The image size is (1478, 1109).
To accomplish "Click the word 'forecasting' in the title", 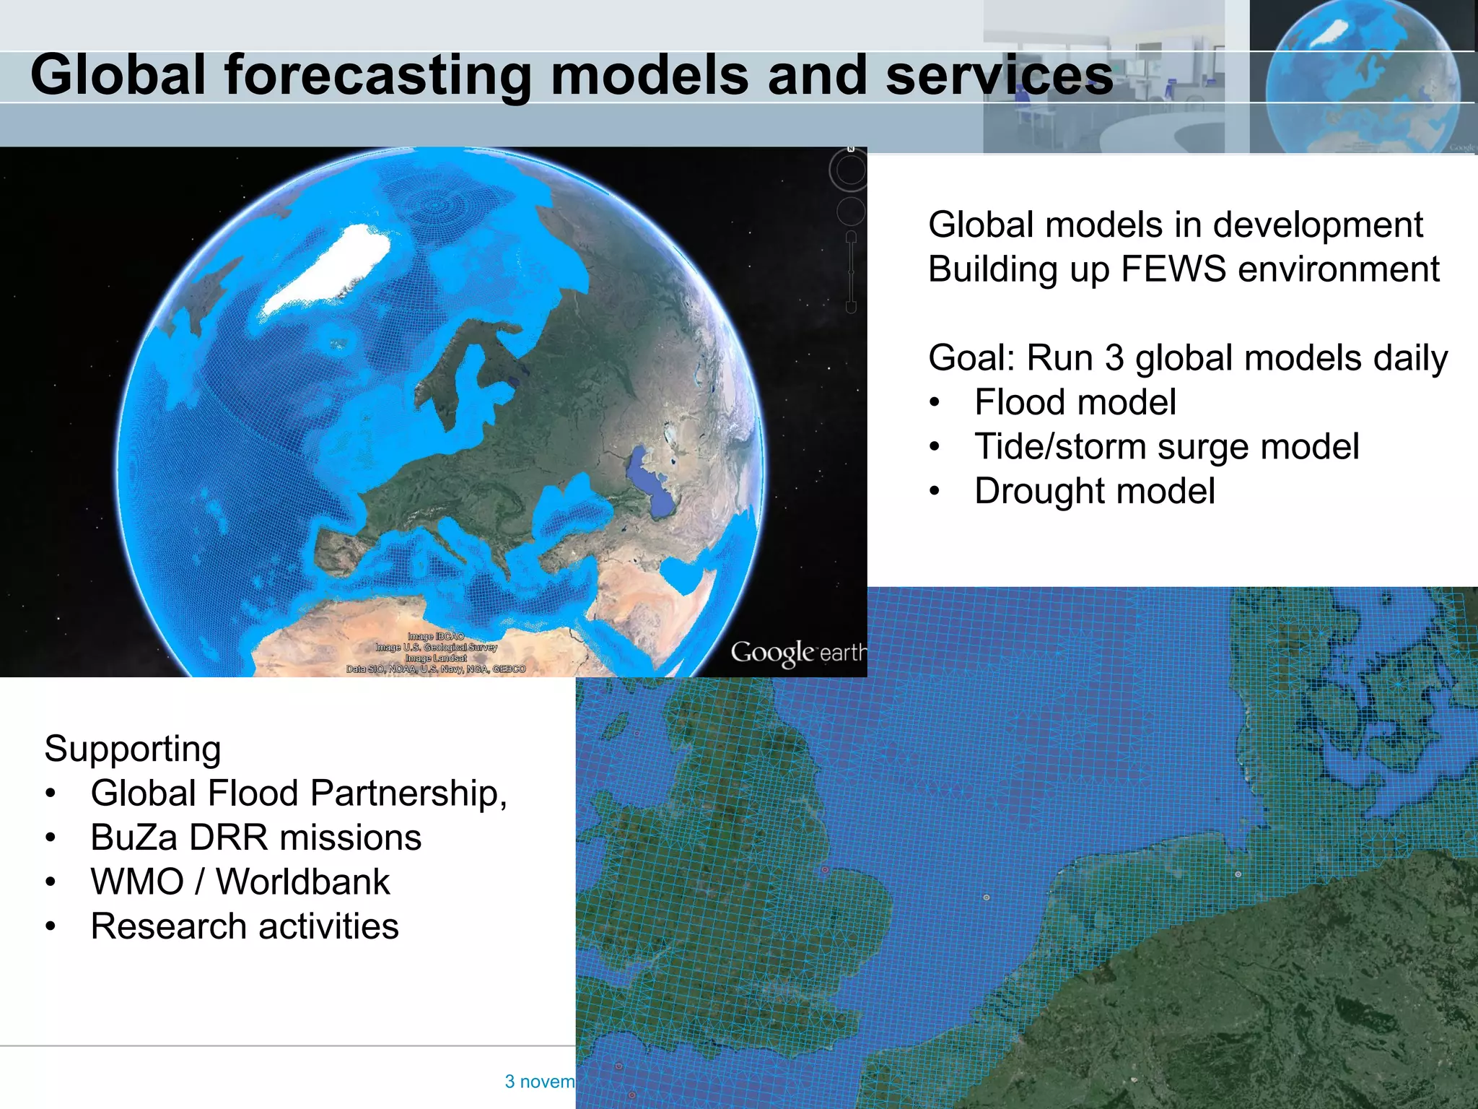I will pyautogui.click(x=377, y=75).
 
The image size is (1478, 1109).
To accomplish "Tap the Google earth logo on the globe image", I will pyautogui.click(x=797, y=653).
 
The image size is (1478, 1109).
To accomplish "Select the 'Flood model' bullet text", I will pyautogui.click(x=1075, y=402).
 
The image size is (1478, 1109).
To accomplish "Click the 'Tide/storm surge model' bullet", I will pyautogui.click(x=1166, y=446).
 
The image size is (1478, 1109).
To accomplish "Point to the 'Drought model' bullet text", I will pyautogui.click(x=1094, y=491).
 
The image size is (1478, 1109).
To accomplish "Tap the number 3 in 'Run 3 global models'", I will pyautogui.click(x=1114, y=358).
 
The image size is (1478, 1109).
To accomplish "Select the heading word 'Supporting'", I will pyautogui.click(x=133, y=749).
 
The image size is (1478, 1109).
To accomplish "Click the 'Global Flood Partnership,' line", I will pyautogui.click(x=299, y=793).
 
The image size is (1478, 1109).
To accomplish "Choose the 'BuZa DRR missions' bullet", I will pyautogui.click(x=255, y=838).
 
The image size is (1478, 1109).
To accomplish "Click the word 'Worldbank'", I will pyautogui.click(x=303, y=882).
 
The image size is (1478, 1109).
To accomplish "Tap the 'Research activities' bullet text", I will pyautogui.click(x=244, y=926).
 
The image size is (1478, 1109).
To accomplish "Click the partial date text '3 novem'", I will pyautogui.click(x=539, y=1082).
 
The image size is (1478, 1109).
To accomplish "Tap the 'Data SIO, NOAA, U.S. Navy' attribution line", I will pyautogui.click(x=436, y=669).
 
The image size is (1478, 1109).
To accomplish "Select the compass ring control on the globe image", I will pyautogui.click(x=850, y=170).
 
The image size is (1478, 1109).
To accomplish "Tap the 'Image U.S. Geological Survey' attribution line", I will pyautogui.click(x=436, y=648).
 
